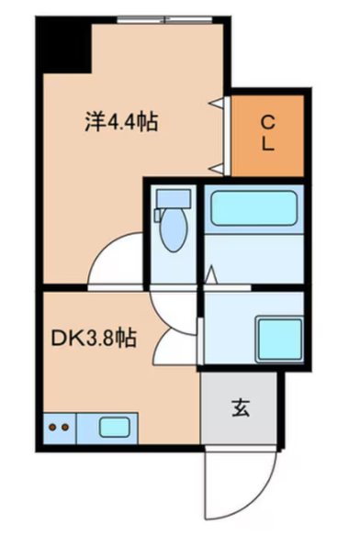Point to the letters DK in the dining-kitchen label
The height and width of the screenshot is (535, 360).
point(62,338)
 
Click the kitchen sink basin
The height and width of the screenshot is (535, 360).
point(114,427)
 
